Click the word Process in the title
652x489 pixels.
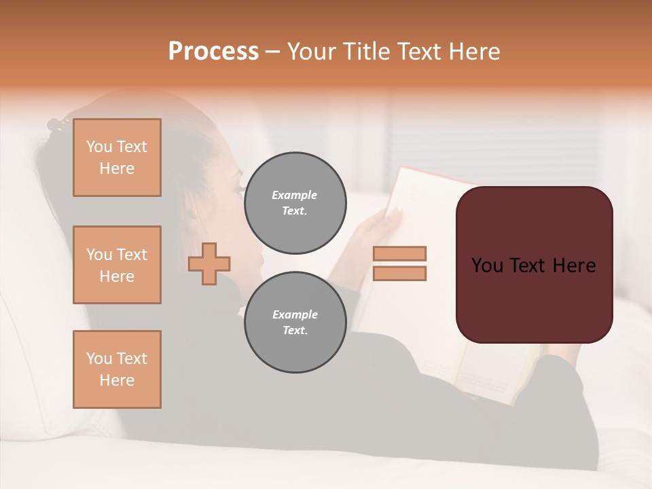click(x=213, y=52)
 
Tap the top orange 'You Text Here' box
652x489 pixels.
click(x=117, y=158)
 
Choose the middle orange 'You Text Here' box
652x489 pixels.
click(x=117, y=265)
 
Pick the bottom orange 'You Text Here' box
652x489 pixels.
click(x=117, y=369)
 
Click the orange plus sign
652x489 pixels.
click(x=209, y=264)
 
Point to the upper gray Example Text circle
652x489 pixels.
click(x=295, y=203)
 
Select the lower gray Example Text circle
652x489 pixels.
click(x=295, y=323)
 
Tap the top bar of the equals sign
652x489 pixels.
click(x=399, y=254)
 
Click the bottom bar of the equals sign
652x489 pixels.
click(x=399, y=274)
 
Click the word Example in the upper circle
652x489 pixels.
click(x=295, y=196)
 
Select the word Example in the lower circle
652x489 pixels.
click(x=295, y=315)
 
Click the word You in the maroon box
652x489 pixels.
click(x=486, y=266)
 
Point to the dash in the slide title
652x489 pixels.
click(x=272, y=52)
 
